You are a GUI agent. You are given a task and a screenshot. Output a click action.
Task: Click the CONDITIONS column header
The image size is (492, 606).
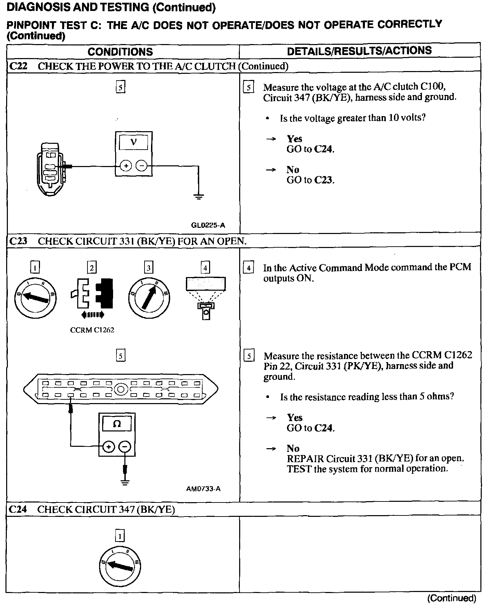(x=120, y=52)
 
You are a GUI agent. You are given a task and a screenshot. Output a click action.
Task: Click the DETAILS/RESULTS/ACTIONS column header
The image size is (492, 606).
(x=359, y=51)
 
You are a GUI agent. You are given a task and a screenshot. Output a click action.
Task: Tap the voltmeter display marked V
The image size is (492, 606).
(x=134, y=142)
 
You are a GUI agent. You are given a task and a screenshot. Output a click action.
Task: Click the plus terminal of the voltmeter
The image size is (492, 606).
(x=126, y=166)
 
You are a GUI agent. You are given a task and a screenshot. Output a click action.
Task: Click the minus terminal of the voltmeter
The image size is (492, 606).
(x=141, y=166)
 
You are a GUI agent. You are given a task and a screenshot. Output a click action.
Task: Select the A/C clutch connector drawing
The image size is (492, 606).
(x=51, y=169)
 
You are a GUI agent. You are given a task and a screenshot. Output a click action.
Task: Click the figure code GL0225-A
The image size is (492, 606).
(x=208, y=225)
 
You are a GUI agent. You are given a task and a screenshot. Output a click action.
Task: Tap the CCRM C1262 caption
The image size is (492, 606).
(x=92, y=330)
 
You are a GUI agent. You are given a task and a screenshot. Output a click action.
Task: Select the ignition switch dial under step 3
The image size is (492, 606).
(x=149, y=297)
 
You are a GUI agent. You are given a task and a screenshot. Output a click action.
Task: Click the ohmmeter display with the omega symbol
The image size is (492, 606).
(x=117, y=424)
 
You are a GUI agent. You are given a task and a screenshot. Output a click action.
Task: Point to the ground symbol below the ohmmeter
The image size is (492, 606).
(x=125, y=482)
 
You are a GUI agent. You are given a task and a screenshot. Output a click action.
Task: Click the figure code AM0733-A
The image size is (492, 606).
(x=203, y=489)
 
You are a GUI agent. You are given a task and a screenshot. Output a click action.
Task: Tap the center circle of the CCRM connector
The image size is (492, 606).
(x=121, y=389)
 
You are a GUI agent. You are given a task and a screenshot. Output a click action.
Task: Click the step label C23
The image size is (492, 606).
(x=18, y=241)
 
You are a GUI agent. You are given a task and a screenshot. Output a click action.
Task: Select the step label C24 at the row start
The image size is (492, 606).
(x=18, y=509)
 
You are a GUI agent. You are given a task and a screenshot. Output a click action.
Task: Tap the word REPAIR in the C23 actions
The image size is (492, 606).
(x=305, y=458)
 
